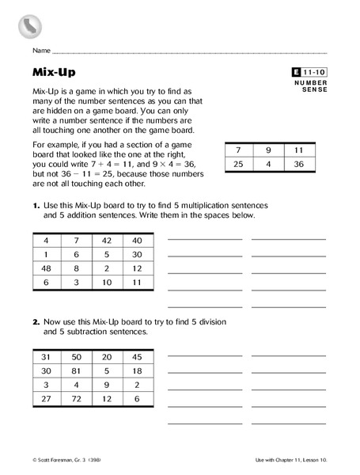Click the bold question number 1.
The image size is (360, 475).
click(x=36, y=205)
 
